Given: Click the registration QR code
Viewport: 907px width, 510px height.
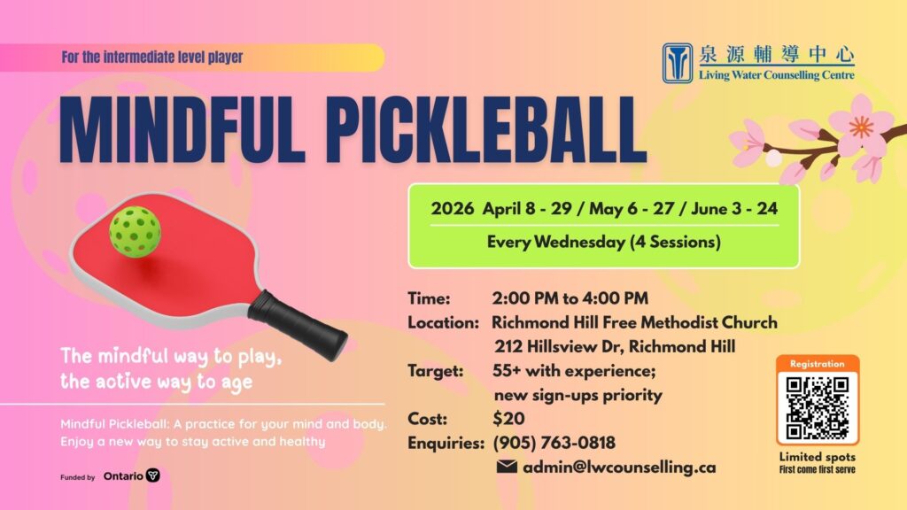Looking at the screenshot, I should click(818, 408).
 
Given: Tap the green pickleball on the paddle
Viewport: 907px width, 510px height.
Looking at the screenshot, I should click(135, 230).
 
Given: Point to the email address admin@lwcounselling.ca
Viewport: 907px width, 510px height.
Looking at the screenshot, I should click(619, 467).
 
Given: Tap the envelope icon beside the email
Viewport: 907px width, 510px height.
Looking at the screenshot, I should click(507, 467).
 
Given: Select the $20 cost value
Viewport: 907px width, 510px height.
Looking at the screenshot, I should click(508, 418).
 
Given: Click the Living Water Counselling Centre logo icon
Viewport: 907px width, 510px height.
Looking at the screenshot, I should click(678, 63).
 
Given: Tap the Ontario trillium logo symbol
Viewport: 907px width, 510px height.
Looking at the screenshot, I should click(153, 475).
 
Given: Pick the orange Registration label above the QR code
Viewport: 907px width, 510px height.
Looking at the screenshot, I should click(818, 364).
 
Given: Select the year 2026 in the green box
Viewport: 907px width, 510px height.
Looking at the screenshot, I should click(453, 210).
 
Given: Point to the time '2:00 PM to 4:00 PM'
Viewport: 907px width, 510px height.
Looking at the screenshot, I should click(570, 297).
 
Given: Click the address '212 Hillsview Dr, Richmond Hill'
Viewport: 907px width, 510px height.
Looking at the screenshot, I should click(614, 346).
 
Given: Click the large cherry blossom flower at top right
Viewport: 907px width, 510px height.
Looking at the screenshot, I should click(859, 126).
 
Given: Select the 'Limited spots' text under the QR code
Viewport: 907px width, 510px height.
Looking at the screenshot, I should click(818, 457).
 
